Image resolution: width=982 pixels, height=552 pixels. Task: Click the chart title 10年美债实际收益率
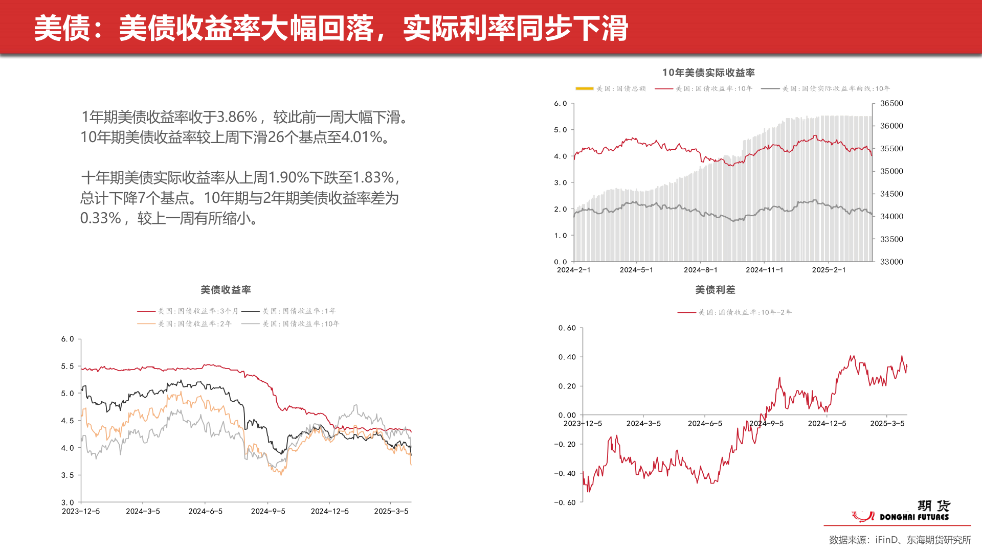coord(708,73)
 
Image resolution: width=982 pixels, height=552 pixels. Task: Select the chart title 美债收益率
coord(226,290)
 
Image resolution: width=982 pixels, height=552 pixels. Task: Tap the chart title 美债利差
coord(715,290)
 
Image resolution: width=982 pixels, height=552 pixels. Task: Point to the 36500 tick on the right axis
coord(891,103)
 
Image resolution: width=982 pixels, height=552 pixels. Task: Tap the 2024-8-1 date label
coord(700,270)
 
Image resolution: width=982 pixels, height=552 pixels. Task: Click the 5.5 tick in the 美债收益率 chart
coord(68,366)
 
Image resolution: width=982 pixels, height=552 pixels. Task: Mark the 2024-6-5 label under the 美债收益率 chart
coord(205,511)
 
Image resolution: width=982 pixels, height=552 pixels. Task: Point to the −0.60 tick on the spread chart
coord(565,502)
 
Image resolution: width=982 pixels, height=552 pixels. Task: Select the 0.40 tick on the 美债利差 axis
coord(567,357)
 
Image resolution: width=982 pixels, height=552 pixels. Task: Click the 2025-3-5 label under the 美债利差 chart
coord(887,424)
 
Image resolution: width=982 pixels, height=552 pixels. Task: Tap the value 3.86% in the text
coord(237,117)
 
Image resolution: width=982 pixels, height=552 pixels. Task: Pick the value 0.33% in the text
coord(101,218)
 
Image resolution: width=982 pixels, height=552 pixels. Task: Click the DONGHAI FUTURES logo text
coord(914,517)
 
